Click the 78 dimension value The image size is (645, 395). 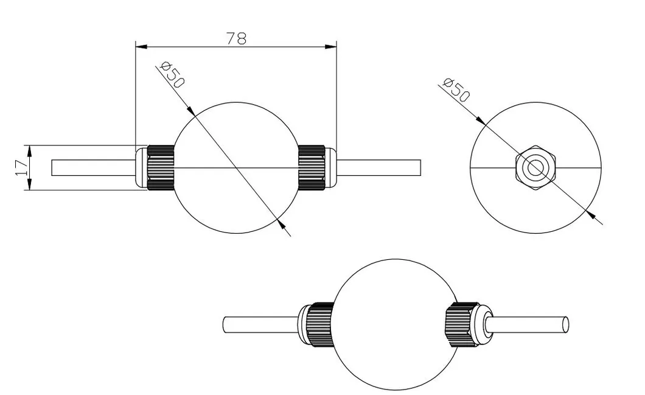pos(236,38)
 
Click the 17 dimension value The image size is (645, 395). pos(20,167)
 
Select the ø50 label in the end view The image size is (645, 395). pos(457,89)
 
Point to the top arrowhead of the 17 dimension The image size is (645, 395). pos(28,149)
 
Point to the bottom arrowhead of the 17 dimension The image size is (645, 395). pos(28,186)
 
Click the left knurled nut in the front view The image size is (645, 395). pos(161,167)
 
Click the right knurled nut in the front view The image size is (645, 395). pos(310,167)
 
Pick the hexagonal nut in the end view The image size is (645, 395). pos(535,168)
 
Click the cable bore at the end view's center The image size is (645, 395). pos(535,168)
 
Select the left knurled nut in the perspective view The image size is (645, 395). pos(319,324)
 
